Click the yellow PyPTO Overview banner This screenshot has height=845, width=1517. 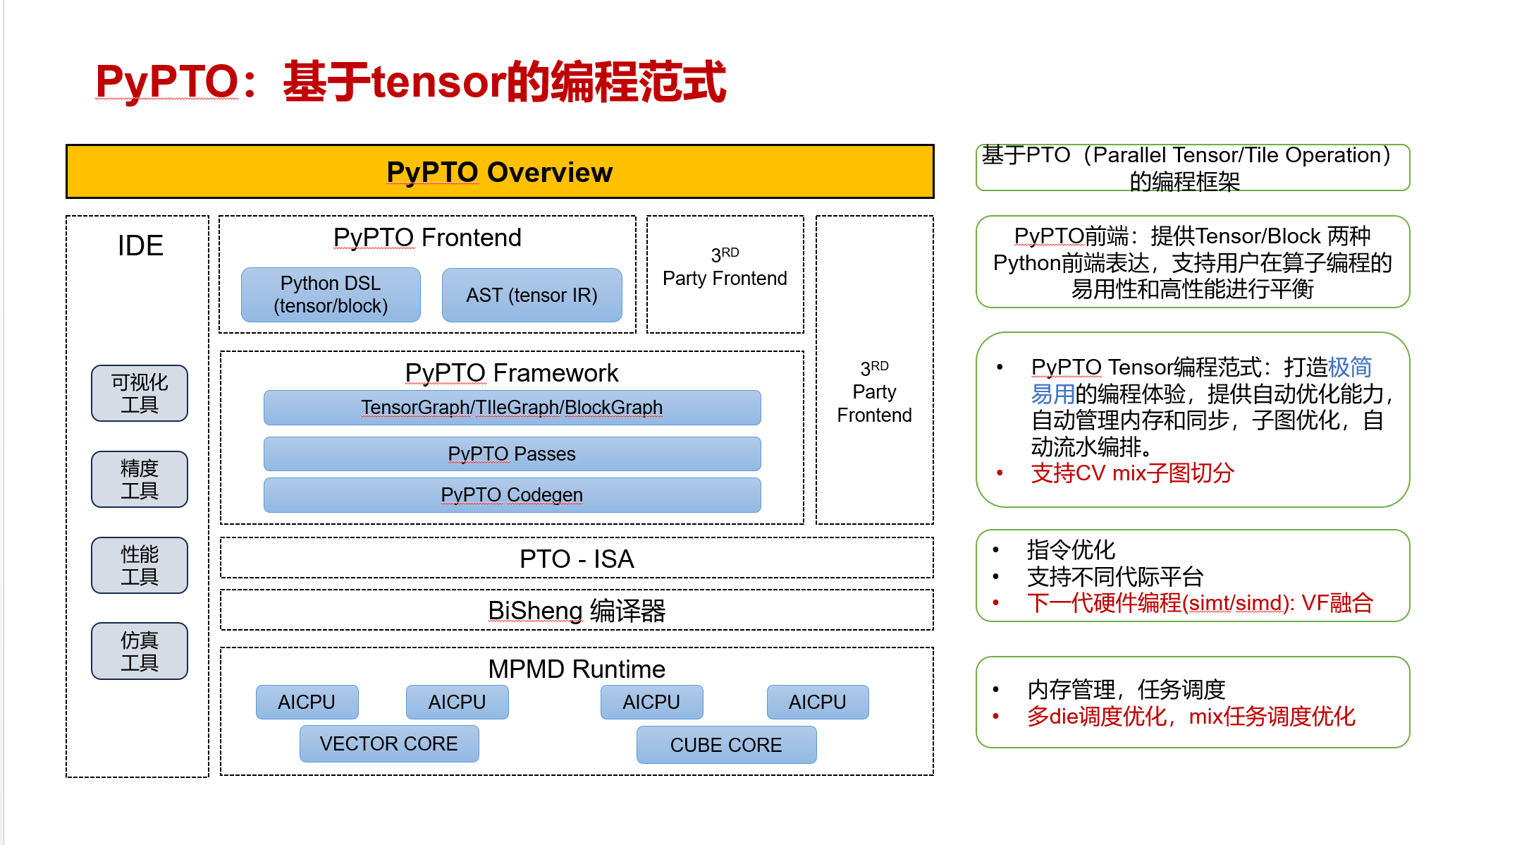(x=500, y=172)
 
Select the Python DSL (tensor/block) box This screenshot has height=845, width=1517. (x=331, y=295)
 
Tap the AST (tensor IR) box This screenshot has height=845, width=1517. (x=532, y=295)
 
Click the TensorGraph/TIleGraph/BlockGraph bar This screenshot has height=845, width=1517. (x=512, y=408)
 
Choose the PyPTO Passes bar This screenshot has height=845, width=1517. (x=512, y=454)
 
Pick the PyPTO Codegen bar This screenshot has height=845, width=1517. (x=512, y=495)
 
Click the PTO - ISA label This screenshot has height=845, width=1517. (x=577, y=559)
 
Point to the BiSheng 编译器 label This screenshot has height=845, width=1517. (x=577, y=610)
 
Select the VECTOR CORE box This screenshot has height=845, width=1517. (x=389, y=743)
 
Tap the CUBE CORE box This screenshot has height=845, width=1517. (x=726, y=745)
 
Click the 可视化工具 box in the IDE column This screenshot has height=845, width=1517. (x=140, y=393)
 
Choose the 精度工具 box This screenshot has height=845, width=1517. (x=140, y=479)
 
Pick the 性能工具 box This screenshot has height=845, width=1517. (x=140, y=565)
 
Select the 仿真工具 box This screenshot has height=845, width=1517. (x=140, y=651)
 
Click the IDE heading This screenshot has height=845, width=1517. (x=140, y=245)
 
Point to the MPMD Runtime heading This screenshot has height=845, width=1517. (x=577, y=669)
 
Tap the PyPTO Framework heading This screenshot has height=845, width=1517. (x=512, y=372)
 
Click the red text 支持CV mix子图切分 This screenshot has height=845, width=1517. (x=1132, y=473)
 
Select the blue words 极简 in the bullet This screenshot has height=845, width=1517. (x=1349, y=367)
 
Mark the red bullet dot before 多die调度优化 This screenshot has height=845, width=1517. (x=995, y=717)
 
